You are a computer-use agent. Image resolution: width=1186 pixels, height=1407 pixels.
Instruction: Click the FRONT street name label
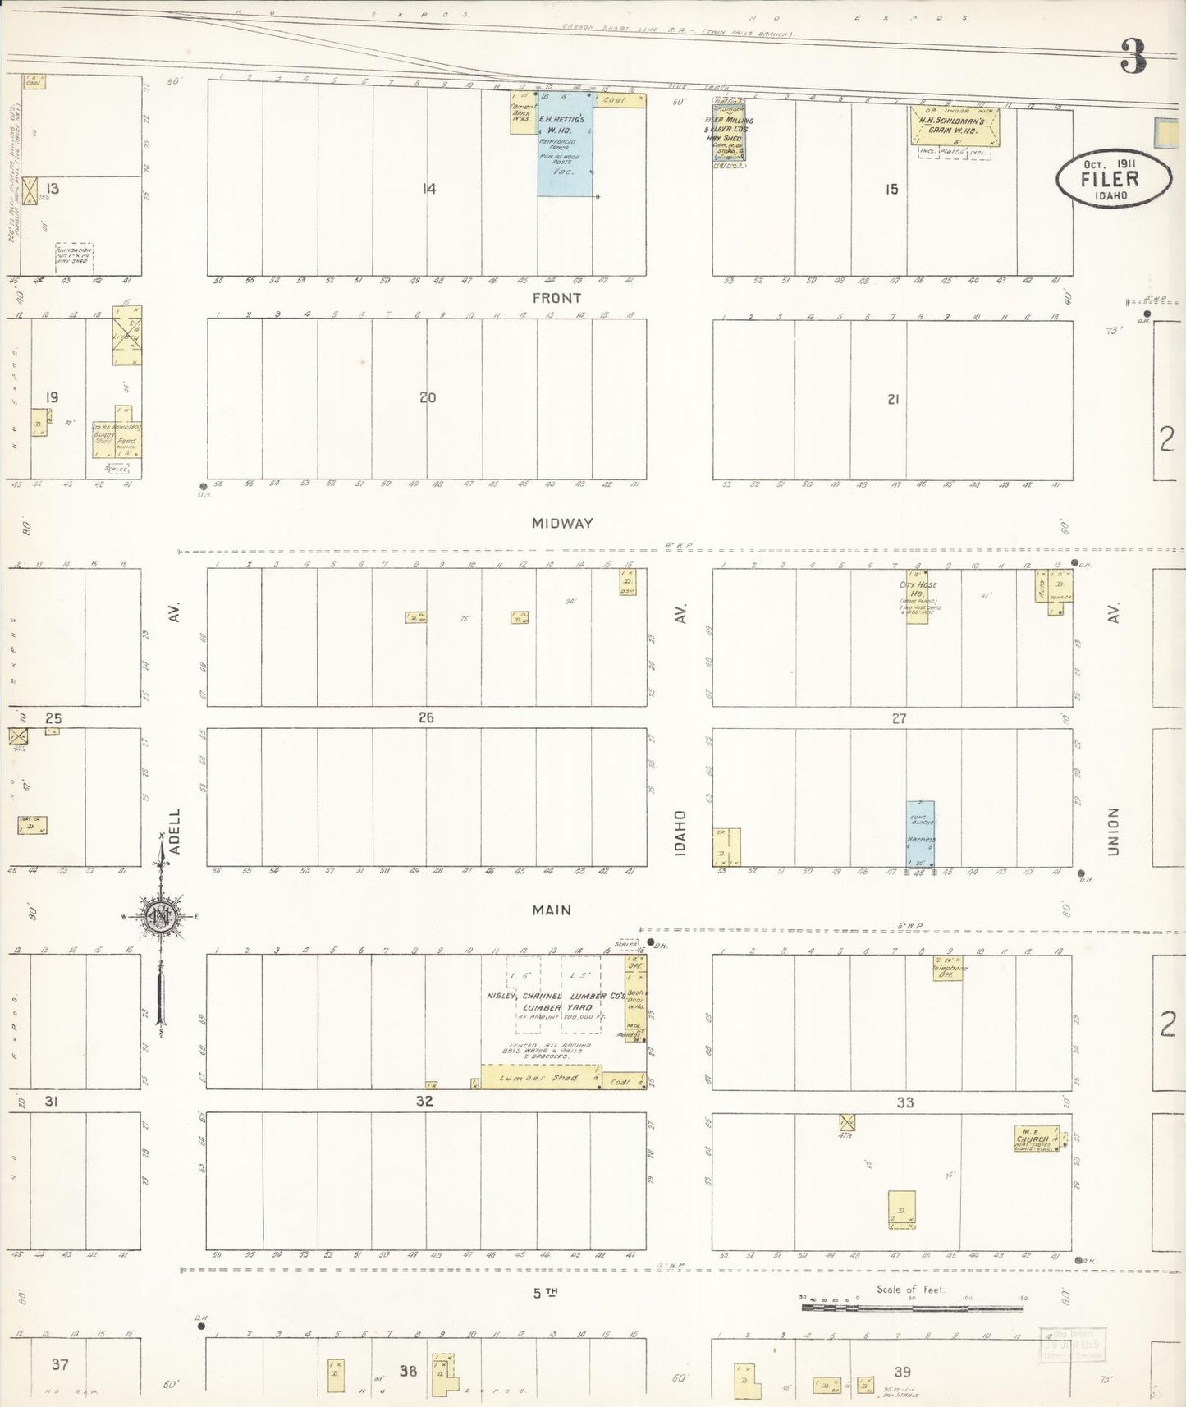[x=556, y=298]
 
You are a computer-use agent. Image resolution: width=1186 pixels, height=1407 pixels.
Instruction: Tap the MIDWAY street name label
[x=561, y=523]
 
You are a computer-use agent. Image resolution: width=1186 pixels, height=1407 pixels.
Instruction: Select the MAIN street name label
[x=552, y=910]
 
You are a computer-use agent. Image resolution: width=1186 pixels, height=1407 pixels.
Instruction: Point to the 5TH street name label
[x=545, y=1293]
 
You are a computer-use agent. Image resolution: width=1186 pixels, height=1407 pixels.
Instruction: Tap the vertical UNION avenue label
[x=1113, y=832]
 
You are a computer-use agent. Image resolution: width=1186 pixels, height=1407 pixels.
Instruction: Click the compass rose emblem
[x=159, y=917]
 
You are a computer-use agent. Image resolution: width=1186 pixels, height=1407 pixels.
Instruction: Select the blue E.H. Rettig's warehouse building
[x=566, y=144]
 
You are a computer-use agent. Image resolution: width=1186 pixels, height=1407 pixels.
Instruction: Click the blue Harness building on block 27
[x=920, y=833]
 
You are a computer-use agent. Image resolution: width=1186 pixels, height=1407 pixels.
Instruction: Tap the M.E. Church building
[x=1035, y=1139]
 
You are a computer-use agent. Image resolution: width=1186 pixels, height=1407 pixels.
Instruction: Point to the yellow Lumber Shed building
[x=541, y=1078]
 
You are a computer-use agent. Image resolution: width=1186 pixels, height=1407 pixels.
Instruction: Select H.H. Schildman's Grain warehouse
[x=954, y=126]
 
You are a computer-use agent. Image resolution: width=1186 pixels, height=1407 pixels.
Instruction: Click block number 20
[x=427, y=397]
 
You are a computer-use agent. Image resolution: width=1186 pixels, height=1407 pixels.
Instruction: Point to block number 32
[x=424, y=1102]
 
